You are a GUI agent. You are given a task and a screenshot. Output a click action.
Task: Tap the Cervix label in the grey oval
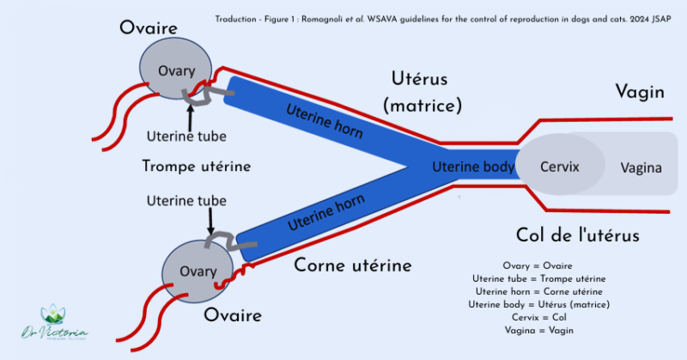(x=558, y=166)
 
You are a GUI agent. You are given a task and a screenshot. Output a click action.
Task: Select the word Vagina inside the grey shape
(x=641, y=168)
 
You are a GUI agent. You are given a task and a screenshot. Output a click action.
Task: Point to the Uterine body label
(x=472, y=167)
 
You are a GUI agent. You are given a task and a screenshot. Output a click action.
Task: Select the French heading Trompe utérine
(x=196, y=166)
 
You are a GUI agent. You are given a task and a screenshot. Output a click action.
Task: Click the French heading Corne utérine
(x=353, y=265)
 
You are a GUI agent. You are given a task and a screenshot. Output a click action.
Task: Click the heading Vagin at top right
(x=640, y=92)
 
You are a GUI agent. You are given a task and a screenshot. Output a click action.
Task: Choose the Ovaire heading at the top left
(x=149, y=28)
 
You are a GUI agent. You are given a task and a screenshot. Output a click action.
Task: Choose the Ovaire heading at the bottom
(x=232, y=315)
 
